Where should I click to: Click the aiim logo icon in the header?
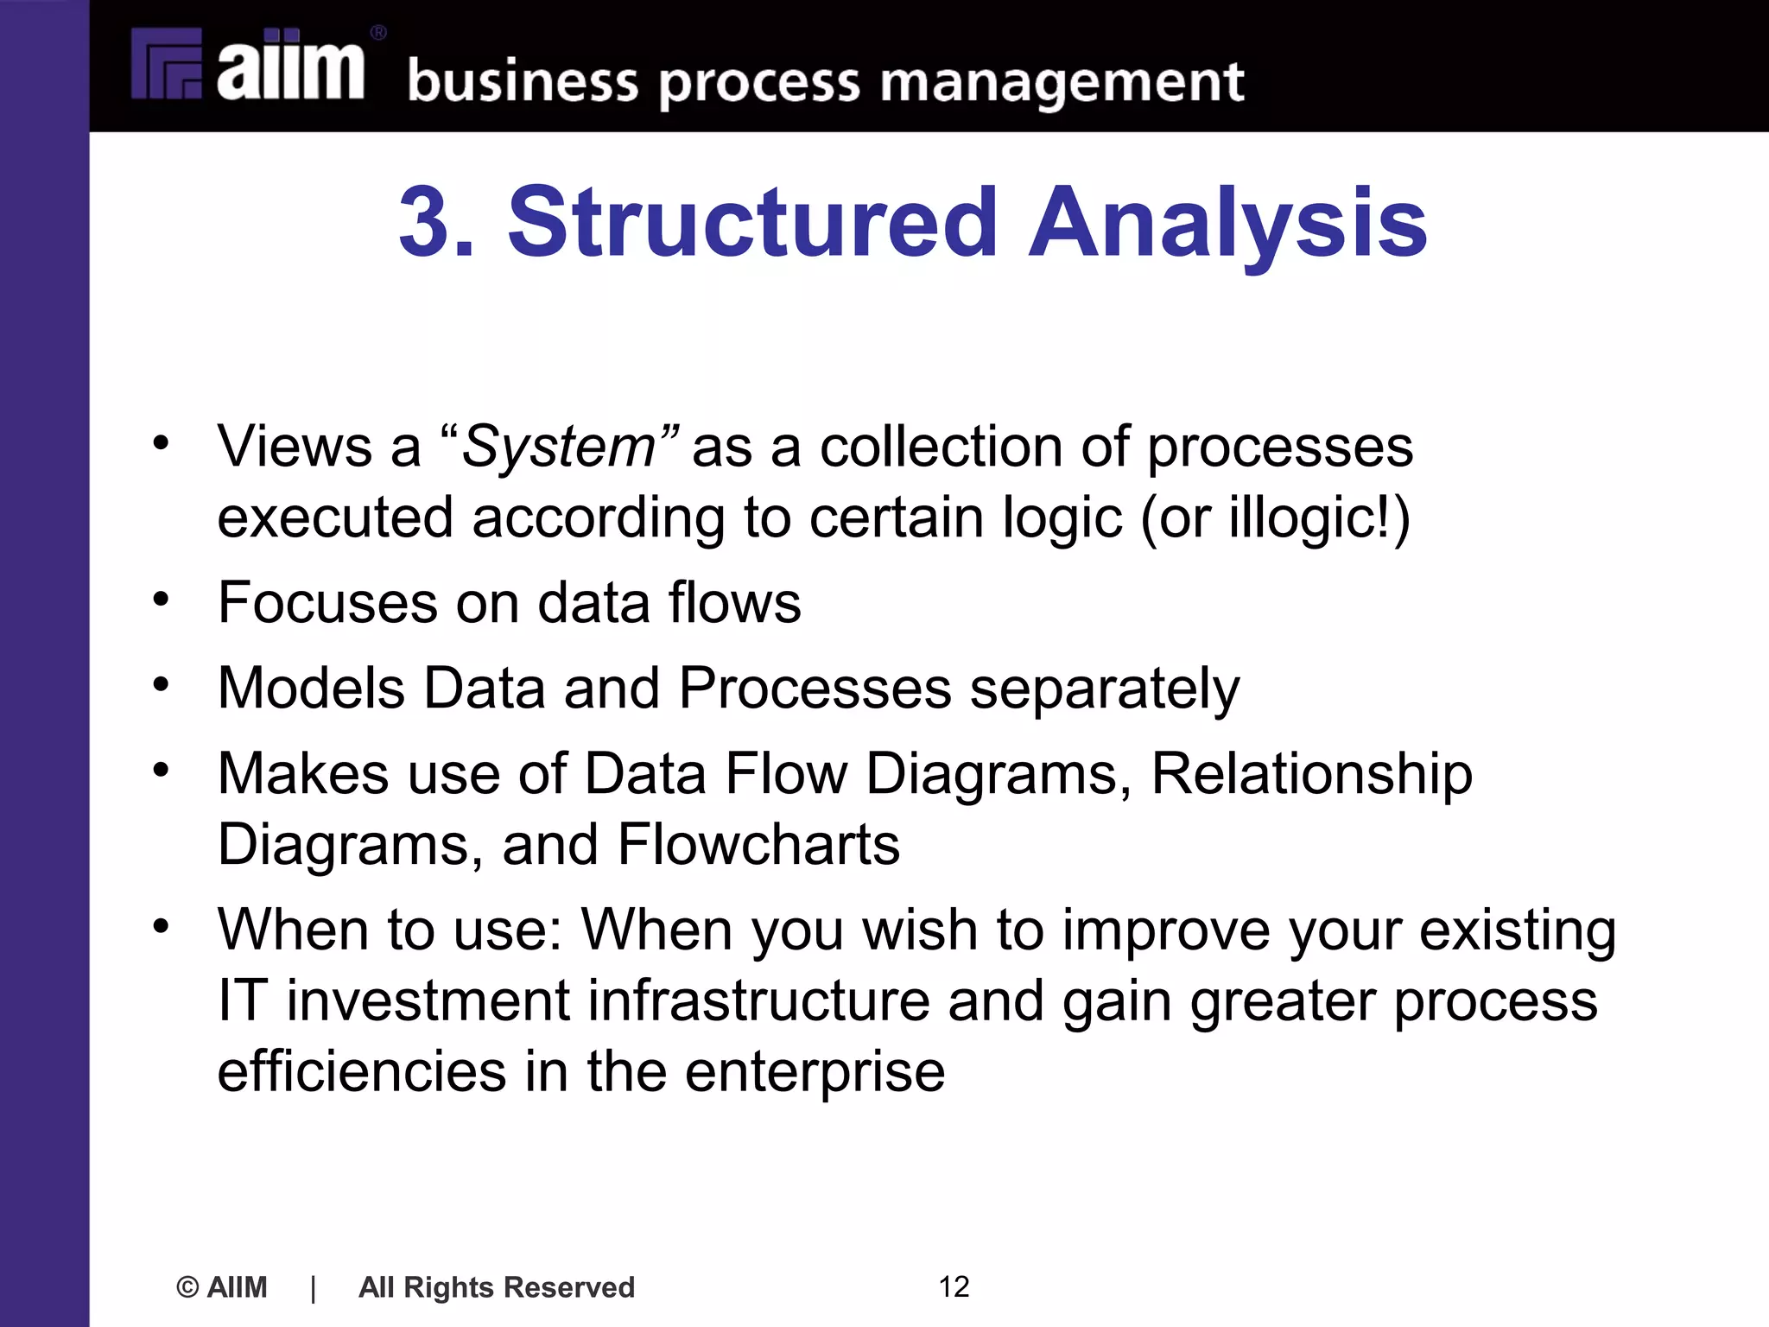coord(167,64)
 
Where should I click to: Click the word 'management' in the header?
coord(1062,83)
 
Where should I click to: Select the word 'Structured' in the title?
coord(752,222)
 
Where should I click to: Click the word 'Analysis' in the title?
coord(1227,224)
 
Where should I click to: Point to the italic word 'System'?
coord(559,448)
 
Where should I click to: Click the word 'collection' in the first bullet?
coord(940,448)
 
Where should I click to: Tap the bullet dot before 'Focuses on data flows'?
coord(162,598)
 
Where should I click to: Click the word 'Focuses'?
coord(327,602)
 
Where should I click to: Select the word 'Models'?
coord(311,689)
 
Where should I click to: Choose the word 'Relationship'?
coord(1311,774)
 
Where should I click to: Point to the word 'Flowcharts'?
coord(758,844)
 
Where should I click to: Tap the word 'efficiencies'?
coord(361,1071)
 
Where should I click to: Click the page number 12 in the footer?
coord(954,1286)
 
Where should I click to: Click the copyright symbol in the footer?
coord(187,1287)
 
